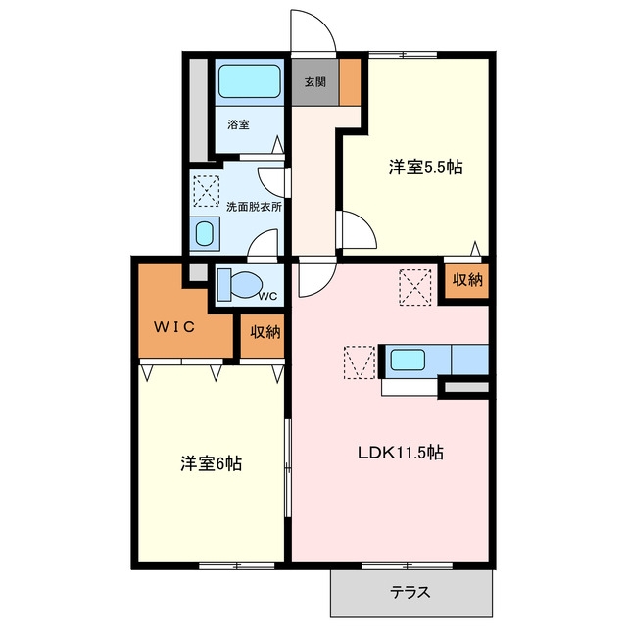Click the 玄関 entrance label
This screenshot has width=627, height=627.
(x=315, y=82)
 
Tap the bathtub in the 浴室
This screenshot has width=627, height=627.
(x=250, y=81)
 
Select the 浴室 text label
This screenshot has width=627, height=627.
(x=238, y=124)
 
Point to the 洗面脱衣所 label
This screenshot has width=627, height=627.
(x=255, y=207)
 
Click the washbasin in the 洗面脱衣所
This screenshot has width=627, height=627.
(x=205, y=234)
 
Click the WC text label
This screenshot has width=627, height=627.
(x=267, y=296)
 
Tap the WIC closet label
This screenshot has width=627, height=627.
(x=174, y=327)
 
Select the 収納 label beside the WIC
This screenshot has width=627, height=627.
(x=265, y=332)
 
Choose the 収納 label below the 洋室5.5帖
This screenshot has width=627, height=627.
(x=467, y=280)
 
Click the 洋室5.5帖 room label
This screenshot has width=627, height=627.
(x=425, y=167)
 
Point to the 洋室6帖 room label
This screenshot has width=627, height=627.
(x=212, y=463)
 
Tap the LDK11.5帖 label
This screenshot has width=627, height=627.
(x=401, y=453)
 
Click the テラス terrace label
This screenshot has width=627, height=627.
(x=410, y=592)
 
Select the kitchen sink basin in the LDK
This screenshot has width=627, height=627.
(x=408, y=360)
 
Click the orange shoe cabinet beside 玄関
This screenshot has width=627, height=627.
(x=350, y=82)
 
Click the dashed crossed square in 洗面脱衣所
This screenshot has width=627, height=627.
(x=207, y=191)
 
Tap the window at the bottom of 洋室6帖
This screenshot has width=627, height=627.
(x=237, y=566)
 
